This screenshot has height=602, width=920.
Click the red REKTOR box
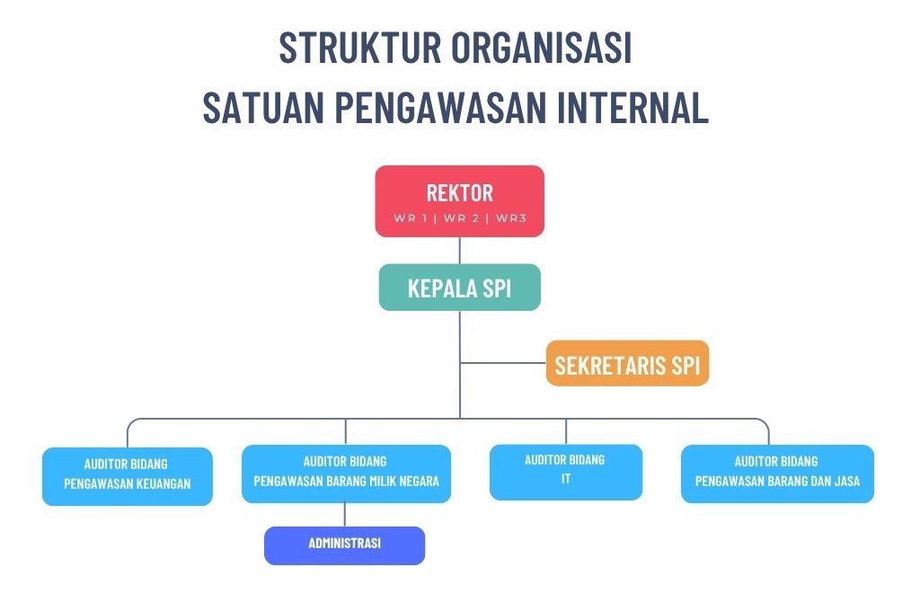click(459, 201)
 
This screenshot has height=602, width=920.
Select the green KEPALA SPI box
click(459, 288)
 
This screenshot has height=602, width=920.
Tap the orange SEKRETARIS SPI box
click(627, 363)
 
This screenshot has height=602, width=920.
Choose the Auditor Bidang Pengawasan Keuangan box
click(128, 476)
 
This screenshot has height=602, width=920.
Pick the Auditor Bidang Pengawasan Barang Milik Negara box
click(346, 474)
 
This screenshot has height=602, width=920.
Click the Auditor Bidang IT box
click(566, 473)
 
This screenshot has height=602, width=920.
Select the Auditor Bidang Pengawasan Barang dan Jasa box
click(777, 474)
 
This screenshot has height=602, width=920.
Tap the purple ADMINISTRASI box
click(344, 545)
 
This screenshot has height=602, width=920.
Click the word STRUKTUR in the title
click(359, 47)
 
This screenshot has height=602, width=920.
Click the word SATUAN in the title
click(263, 107)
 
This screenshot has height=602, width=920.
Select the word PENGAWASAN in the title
click(440, 107)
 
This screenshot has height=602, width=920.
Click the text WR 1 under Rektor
click(410, 218)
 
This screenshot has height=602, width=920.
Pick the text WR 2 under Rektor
click(461, 218)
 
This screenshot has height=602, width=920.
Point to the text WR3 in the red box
click(511, 218)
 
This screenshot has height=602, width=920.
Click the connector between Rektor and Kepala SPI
click(459, 251)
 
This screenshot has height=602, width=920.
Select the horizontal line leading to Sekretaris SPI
click(503, 363)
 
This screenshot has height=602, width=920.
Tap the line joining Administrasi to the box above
click(344, 515)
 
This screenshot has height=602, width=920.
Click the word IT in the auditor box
click(566, 479)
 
